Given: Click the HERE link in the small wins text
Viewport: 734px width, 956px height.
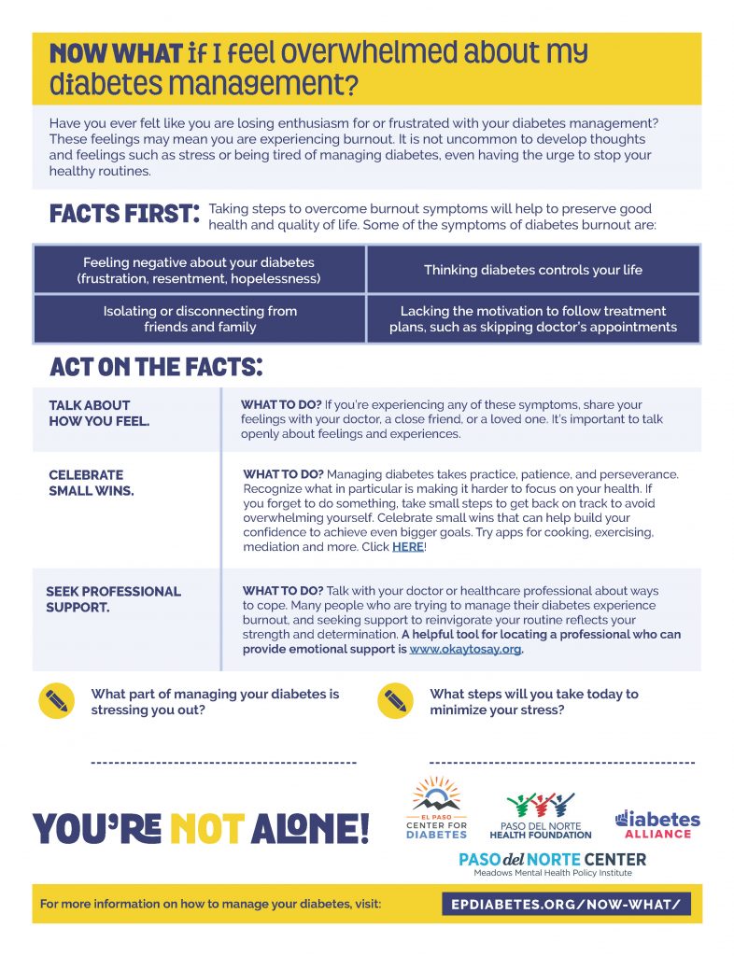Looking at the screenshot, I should click(408, 547).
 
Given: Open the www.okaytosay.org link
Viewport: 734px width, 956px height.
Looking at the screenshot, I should click(465, 650).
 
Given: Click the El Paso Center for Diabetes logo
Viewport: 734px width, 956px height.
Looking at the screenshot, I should click(436, 808).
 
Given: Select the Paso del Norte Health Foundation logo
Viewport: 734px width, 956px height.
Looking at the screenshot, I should click(540, 815).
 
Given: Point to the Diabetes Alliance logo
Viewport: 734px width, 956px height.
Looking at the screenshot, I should click(656, 823).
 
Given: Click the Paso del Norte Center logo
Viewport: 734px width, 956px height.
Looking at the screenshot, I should click(552, 864).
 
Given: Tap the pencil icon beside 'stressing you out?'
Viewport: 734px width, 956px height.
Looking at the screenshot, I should click(57, 701).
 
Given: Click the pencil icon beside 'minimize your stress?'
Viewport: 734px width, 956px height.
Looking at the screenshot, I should click(395, 701).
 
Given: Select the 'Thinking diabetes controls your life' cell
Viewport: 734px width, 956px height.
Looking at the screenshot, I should click(533, 270).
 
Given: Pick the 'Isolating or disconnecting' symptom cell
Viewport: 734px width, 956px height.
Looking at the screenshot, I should click(200, 319).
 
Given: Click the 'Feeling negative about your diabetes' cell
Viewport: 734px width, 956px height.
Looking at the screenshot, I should click(199, 270).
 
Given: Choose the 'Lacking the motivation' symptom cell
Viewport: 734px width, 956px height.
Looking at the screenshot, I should click(533, 319).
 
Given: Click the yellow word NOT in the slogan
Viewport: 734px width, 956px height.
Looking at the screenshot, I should click(207, 827).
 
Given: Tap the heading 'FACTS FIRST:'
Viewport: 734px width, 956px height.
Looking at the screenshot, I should click(125, 214).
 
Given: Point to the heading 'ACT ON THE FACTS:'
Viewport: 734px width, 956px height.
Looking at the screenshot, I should click(156, 367).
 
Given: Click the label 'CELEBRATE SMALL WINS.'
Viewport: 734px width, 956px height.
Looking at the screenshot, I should click(91, 483).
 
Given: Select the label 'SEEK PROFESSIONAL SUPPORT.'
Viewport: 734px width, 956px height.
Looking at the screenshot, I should click(113, 599).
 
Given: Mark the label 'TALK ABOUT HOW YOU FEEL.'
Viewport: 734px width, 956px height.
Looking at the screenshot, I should click(99, 414).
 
